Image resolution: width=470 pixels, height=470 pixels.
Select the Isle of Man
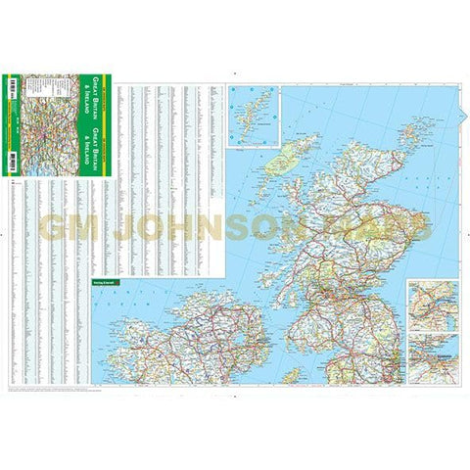(291, 374)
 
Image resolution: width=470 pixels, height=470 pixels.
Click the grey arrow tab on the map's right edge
(463, 235)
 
